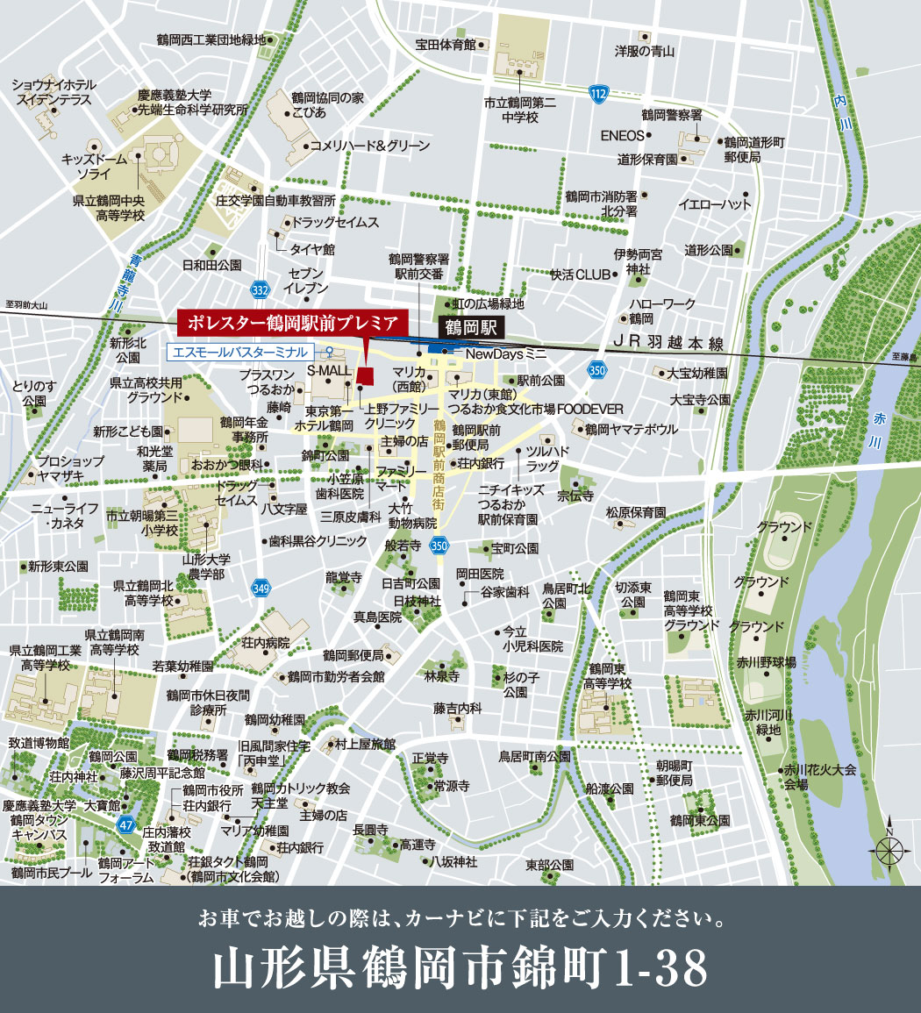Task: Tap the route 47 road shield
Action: [126, 825]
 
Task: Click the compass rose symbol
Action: [889, 849]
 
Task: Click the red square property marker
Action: [366, 375]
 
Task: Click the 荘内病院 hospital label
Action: [266, 643]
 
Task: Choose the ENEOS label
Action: [621, 136]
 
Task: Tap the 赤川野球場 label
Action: [766, 661]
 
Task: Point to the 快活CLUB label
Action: [580, 275]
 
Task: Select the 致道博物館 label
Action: [39, 742]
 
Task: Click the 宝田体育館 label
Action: [446, 45]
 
